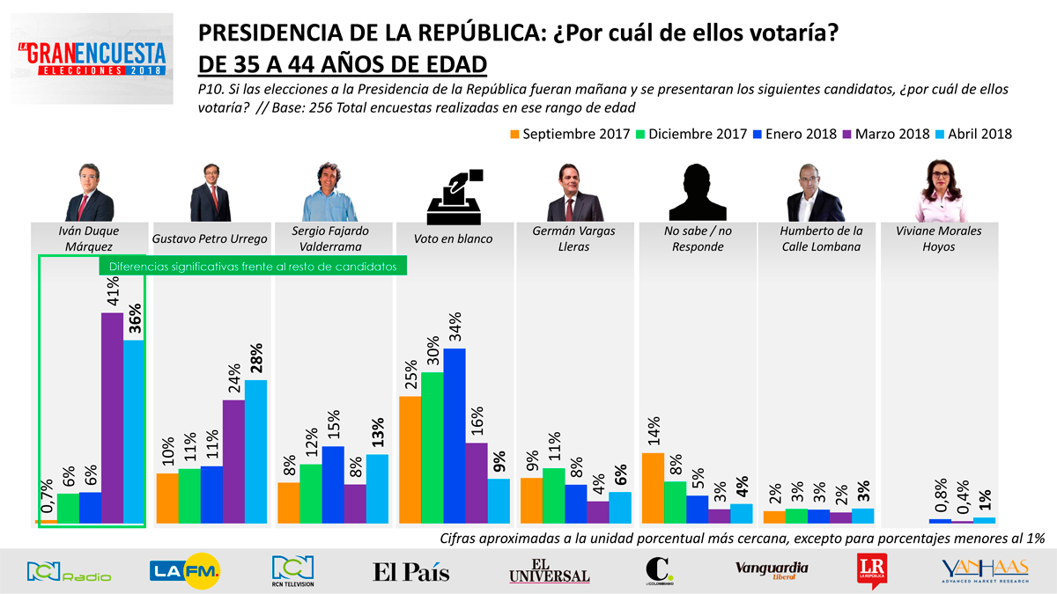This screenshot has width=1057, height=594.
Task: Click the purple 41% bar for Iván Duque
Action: click(112, 418)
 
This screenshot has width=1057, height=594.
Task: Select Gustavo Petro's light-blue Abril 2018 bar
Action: click(255, 451)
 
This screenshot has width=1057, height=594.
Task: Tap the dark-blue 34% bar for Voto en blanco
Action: click(455, 436)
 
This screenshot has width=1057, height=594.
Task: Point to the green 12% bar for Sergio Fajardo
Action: click(311, 493)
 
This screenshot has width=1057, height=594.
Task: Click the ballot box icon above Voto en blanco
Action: click(455, 195)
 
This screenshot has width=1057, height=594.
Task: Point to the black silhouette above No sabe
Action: click(698, 192)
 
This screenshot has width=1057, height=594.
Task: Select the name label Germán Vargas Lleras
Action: click(575, 238)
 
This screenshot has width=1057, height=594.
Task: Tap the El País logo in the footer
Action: click(410, 572)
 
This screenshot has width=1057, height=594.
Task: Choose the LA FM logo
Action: click(185, 572)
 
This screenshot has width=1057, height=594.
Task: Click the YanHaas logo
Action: click(984, 571)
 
